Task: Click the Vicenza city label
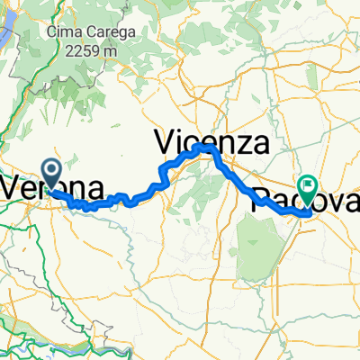tap(212, 141)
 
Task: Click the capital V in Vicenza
tap(166, 141)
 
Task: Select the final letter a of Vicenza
tap(262, 143)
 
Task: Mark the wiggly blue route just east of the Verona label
tap(90, 206)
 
